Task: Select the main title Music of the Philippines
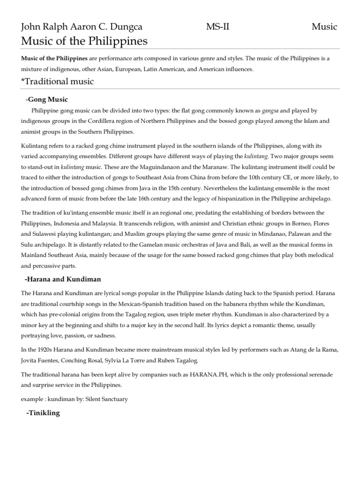(x=84, y=41)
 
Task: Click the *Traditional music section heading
(x=58, y=82)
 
